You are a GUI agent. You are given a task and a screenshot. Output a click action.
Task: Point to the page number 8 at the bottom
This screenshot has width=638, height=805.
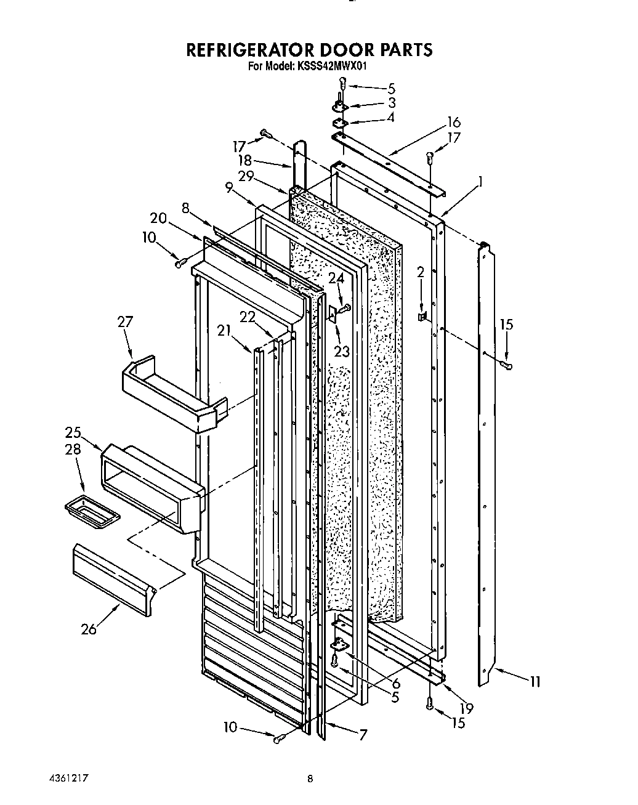(310, 779)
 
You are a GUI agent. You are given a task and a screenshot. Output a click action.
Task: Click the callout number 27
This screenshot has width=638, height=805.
(125, 322)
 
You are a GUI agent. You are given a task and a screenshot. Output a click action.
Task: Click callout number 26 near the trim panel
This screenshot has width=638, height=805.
(89, 629)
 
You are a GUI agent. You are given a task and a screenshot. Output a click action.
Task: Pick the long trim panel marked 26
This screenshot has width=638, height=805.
(114, 578)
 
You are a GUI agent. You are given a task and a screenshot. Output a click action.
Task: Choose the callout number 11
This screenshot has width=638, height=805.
(535, 681)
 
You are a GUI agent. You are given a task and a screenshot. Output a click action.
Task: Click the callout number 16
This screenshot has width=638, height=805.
(453, 122)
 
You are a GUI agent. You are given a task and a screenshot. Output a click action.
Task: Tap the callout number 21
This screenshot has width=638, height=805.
(225, 331)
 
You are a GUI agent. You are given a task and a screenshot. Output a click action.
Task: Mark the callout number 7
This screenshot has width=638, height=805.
(363, 734)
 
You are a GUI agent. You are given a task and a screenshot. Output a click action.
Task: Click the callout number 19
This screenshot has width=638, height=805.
(466, 708)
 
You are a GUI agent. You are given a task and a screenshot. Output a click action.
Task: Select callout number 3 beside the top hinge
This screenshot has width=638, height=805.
(391, 103)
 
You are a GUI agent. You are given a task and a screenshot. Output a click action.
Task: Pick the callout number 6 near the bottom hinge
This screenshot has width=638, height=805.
(395, 683)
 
